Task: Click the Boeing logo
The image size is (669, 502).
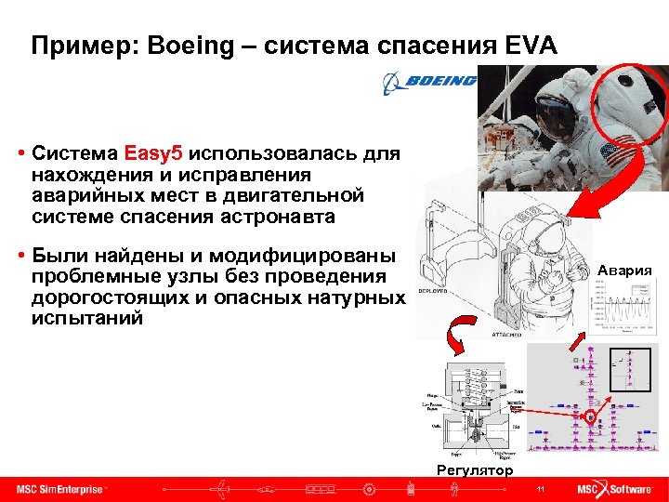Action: pyautogui.click(x=428, y=83)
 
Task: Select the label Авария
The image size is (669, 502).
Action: pyautogui.click(x=624, y=271)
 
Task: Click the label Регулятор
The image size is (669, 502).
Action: pyautogui.click(x=474, y=470)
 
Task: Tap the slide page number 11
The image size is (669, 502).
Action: pyautogui.click(x=540, y=489)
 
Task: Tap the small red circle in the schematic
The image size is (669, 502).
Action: pyautogui.click(x=590, y=417)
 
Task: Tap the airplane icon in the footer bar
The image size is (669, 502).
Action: pyautogui.click(x=222, y=489)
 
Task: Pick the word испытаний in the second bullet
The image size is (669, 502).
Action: pyautogui.click(x=87, y=317)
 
